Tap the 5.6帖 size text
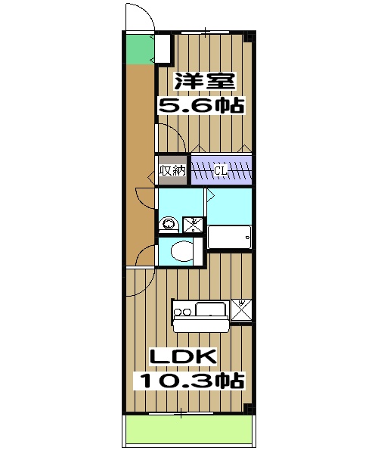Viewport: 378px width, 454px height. click(201, 105)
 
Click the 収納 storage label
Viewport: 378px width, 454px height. click(172, 171)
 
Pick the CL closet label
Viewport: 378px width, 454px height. click(220, 171)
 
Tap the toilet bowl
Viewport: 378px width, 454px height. click(180, 250)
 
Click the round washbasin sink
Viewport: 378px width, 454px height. click(168, 223)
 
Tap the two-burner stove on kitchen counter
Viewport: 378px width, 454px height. click(183, 310)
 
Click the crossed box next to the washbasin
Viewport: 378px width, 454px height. click(193, 223)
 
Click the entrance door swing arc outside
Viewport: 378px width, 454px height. click(137, 17)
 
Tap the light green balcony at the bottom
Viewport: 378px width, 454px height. click(188, 431)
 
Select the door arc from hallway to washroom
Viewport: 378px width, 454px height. click(144, 198)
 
